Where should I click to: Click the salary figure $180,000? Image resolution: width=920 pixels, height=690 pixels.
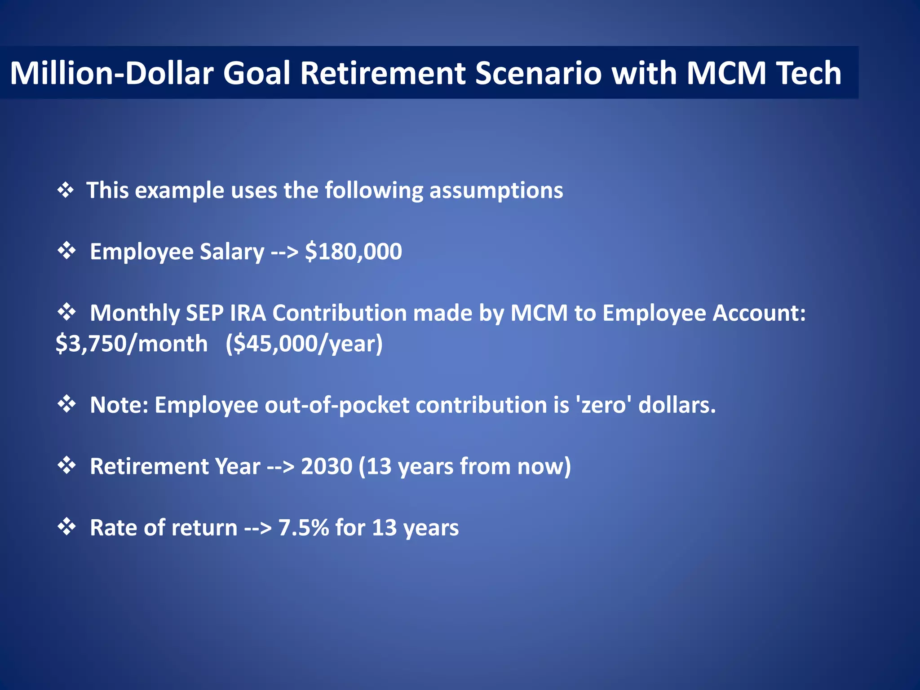coord(354,252)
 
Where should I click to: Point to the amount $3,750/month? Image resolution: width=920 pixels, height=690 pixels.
coord(132,344)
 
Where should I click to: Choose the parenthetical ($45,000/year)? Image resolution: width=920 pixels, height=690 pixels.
coord(304,344)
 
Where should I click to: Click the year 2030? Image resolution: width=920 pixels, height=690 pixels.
coord(327,466)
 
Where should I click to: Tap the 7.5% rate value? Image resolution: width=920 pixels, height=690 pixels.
coord(304,528)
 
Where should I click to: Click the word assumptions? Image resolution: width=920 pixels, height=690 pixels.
coord(496,190)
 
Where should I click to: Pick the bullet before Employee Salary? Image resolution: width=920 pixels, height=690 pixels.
coord(66,251)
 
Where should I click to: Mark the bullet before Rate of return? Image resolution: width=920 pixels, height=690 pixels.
coord(66,527)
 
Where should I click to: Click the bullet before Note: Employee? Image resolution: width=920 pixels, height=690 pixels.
coord(66,404)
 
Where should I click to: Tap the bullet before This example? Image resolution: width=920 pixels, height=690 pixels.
coord(66,190)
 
